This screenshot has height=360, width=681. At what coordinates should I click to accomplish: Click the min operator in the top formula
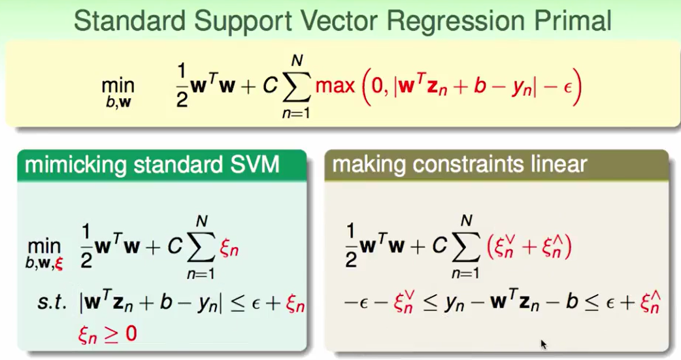click(x=118, y=85)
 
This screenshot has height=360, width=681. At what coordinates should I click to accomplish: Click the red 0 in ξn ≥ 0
click(x=131, y=334)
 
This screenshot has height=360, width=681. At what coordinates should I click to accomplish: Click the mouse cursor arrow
click(x=543, y=344)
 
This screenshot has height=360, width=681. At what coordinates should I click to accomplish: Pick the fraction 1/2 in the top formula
click(x=182, y=86)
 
